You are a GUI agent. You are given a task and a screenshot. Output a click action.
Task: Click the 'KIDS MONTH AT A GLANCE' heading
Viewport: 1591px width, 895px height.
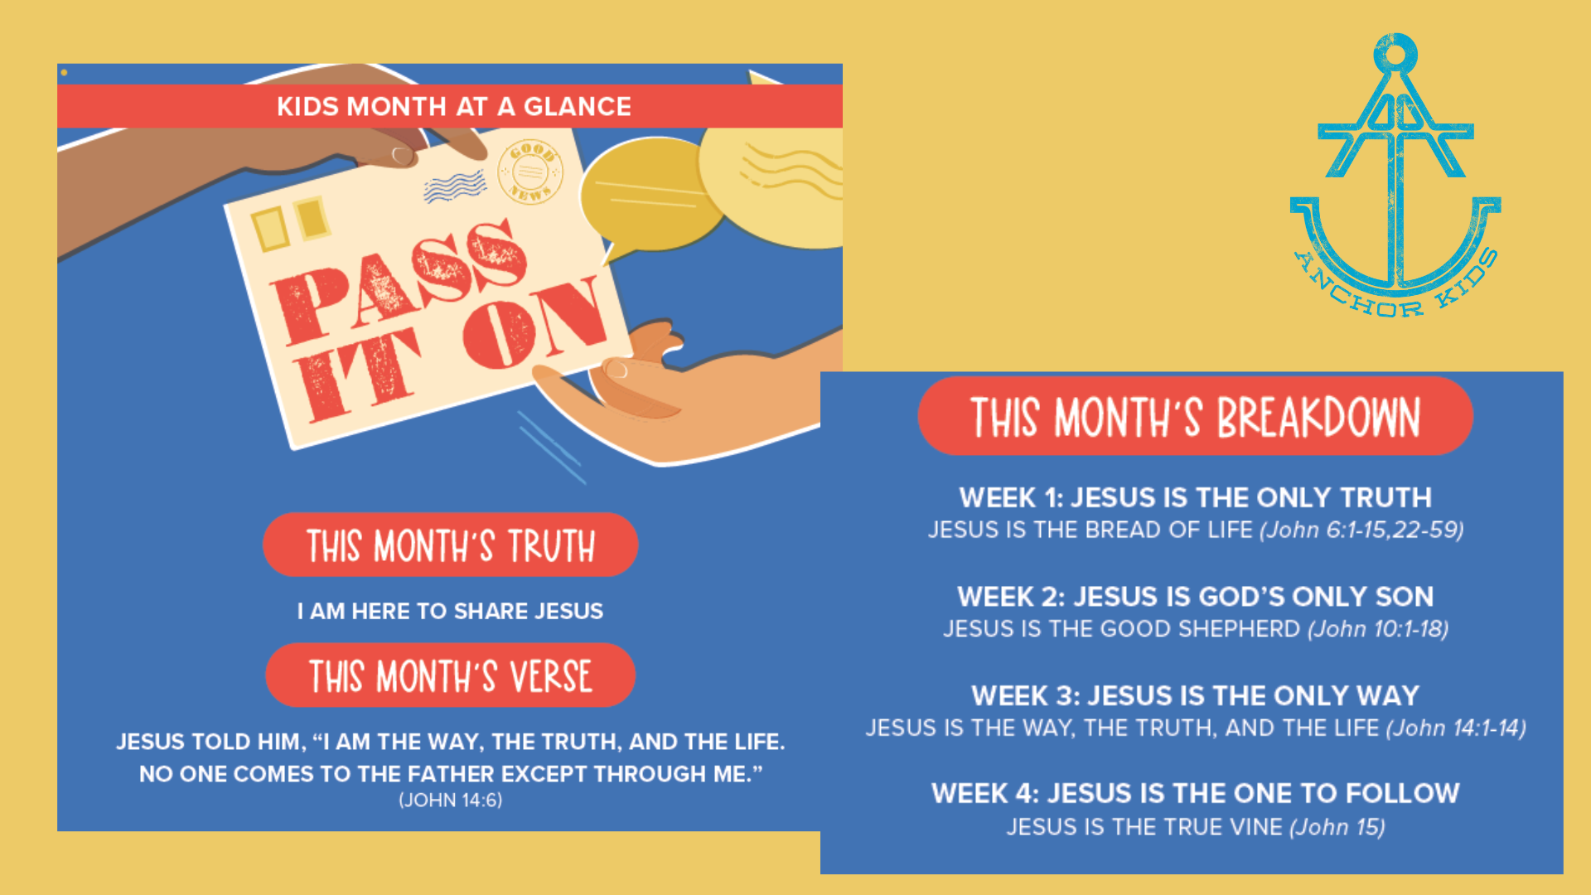(x=454, y=106)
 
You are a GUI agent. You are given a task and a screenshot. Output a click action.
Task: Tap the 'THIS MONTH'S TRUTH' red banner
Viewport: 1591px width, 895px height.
(x=450, y=544)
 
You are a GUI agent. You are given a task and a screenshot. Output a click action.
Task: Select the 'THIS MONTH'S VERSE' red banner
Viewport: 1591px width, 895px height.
(x=450, y=675)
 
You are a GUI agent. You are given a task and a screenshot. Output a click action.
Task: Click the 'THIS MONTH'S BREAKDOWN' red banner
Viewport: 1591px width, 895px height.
(x=1195, y=416)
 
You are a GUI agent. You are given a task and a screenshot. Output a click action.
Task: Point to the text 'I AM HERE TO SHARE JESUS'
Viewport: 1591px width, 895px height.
(x=450, y=611)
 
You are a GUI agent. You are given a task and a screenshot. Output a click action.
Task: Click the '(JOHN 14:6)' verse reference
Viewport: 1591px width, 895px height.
(x=451, y=800)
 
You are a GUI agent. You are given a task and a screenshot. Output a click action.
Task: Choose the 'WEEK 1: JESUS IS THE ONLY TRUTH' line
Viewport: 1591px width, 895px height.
(x=1195, y=497)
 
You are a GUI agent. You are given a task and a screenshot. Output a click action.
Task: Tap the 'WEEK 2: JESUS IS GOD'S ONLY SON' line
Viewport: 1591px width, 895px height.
(x=1195, y=596)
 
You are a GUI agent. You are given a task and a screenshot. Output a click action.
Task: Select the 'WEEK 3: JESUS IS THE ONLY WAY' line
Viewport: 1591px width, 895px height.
(x=1195, y=694)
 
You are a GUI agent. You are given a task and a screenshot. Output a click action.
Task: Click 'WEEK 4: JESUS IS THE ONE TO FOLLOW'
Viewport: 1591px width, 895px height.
(x=1195, y=793)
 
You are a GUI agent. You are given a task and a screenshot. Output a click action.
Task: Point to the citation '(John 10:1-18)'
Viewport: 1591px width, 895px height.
(x=1378, y=629)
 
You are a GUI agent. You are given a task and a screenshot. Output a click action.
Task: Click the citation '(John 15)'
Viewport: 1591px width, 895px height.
(x=1337, y=827)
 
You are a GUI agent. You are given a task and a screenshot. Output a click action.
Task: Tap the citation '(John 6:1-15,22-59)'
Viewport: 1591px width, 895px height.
(x=1361, y=530)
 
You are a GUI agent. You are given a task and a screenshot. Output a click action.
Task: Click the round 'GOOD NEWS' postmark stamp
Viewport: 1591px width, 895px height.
(x=530, y=172)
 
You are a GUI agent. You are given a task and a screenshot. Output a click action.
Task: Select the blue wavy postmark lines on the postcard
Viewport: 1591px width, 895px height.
(x=455, y=186)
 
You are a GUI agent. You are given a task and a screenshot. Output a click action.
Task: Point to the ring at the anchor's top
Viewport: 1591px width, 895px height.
(x=1395, y=55)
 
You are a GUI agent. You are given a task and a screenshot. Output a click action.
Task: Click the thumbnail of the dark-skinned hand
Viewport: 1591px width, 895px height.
(x=403, y=155)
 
